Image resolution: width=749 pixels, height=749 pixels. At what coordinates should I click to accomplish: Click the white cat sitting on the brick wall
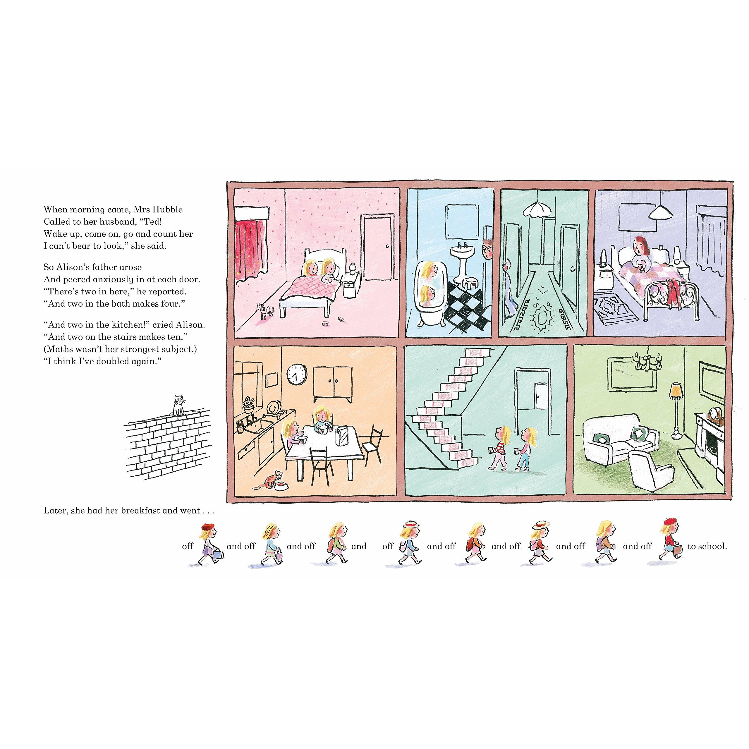coord(178,406)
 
